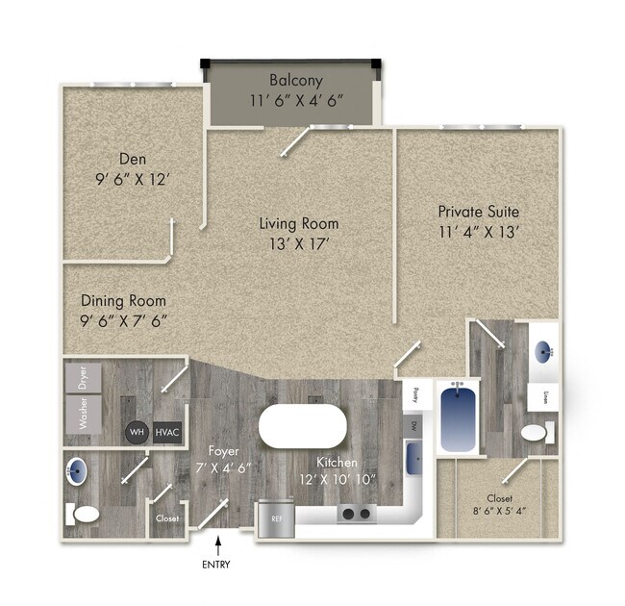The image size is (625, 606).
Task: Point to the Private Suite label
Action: tap(478, 211)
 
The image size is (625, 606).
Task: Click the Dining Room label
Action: tap(122, 300)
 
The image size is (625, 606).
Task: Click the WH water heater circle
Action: tap(136, 433)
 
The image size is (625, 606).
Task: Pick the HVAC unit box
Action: tap(168, 433)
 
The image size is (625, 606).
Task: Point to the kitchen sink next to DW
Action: tap(413, 457)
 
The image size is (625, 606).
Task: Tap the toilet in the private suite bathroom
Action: tap(535, 434)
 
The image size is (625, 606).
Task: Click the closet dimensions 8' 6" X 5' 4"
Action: tap(499, 511)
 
